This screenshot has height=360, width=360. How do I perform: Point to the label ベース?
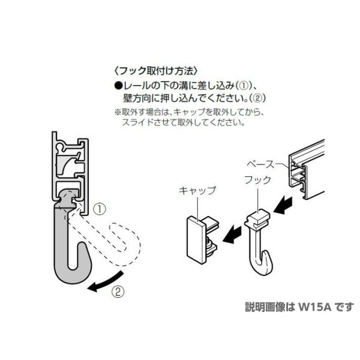[262, 163]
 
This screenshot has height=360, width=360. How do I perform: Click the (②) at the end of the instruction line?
[256, 97]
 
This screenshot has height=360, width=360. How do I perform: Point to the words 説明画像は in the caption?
[265, 307]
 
